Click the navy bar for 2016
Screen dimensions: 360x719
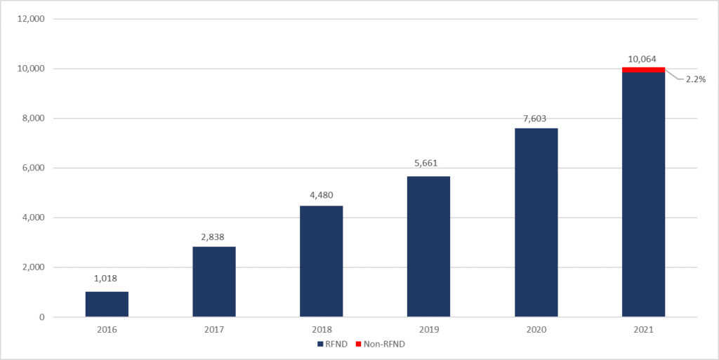(107, 304)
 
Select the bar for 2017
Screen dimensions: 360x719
(214, 281)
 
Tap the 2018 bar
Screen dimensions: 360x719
(322, 261)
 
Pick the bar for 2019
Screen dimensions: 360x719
(428, 246)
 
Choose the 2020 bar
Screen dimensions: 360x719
(536, 222)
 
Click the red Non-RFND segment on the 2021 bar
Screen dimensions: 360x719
(643, 69)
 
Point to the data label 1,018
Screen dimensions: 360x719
(107, 279)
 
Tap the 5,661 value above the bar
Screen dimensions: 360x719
(428, 164)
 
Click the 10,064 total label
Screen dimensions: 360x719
(643, 59)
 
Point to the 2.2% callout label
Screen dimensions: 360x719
(695, 79)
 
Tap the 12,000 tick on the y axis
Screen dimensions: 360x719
(32, 19)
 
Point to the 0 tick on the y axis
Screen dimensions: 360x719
(41, 317)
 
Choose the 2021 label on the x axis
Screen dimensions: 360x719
(643, 329)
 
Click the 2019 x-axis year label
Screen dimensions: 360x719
(428, 329)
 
